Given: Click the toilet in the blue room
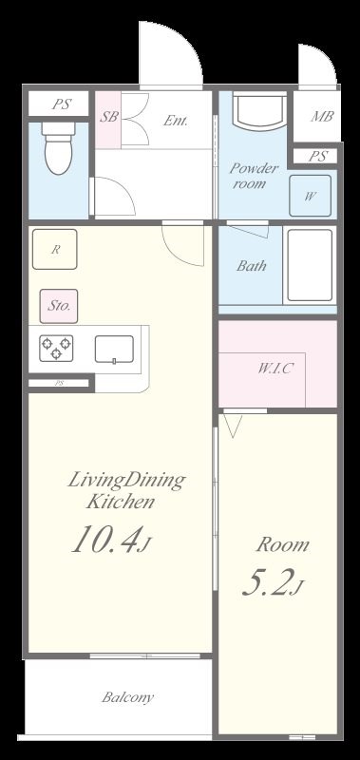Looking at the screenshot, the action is (x=58, y=147).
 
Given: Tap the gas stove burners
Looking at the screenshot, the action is (x=56, y=348).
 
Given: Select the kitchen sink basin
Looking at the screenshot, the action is (x=114, y=349).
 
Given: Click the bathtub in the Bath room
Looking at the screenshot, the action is (x=310, y=265).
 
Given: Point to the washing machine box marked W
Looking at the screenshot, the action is (x=310, y=196).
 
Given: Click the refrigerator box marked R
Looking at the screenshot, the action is (x=55, y=249).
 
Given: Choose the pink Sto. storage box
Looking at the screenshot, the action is (x=59, y=306).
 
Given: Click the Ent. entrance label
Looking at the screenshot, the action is (x=176, y=121).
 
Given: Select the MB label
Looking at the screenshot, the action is (x=322, y=116).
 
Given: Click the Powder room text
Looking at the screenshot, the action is (x=254, y=176).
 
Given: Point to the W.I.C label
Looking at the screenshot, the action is (x=275, y=369).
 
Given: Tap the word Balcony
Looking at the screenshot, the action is (x=128, y=697).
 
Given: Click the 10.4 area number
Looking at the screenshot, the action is (x=107, y=539).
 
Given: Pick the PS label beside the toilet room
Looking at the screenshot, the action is (x=62, y=104).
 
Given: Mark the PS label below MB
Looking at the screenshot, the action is (x=317, y=157).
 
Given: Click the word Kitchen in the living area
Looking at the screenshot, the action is (x=121, y=502).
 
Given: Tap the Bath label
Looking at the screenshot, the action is (x=252, y=266).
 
